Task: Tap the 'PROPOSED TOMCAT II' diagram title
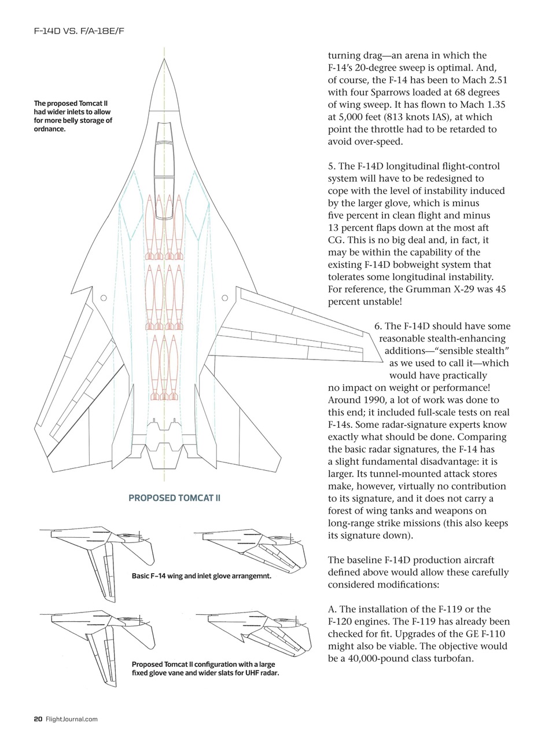coord(174,498)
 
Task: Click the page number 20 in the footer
coord(38,719)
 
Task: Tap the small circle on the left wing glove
coord(104,298)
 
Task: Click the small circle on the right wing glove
coord(225,298)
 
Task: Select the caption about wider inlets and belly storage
coord(73,116)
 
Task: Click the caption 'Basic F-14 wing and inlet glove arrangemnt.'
coord(201,577)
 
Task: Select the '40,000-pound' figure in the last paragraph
coord(375,658)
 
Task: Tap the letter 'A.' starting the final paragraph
coord(333,609)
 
